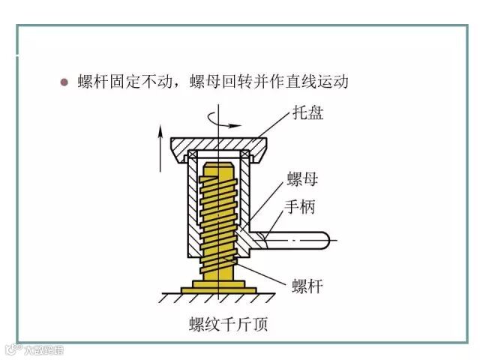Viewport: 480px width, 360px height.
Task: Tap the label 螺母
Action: tap(303, 180)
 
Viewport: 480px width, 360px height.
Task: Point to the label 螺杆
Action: tap(306, 286)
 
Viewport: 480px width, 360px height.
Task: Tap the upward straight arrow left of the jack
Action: tap(160, 146)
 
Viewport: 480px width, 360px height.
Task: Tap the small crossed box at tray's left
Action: tap(192, 155)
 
